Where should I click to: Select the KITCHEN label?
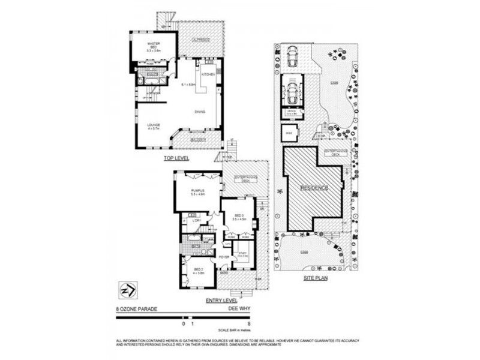click(208, 74)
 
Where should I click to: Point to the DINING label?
click(200, 112)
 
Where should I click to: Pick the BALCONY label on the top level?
click(197, 140)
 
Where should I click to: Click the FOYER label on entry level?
click(224, 258)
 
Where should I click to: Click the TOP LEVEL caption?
click(177, 158)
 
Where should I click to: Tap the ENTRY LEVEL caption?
click(222, 301)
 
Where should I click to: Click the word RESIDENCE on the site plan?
click(315, 188)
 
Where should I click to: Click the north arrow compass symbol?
click(128, 290)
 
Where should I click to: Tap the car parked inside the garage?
click(293, 92)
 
